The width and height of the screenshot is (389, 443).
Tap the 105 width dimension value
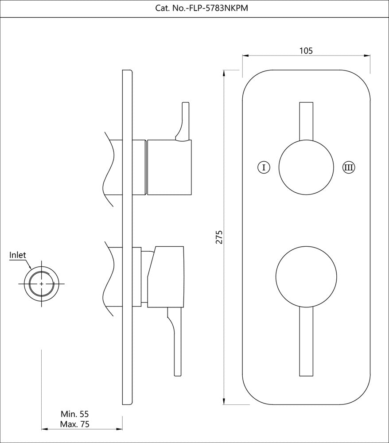[306, 51]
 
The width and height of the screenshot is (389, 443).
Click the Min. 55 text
[75, 414]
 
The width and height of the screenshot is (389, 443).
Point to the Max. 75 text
[75, 424]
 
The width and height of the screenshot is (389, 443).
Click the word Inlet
[18, 255]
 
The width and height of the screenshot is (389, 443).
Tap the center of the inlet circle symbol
[42, 283]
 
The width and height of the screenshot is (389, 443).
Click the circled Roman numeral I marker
[264, 167]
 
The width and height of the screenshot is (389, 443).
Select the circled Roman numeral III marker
[349, 167]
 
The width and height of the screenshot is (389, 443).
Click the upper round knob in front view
[306, 167]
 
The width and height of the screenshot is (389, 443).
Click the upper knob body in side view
[169, 167]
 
